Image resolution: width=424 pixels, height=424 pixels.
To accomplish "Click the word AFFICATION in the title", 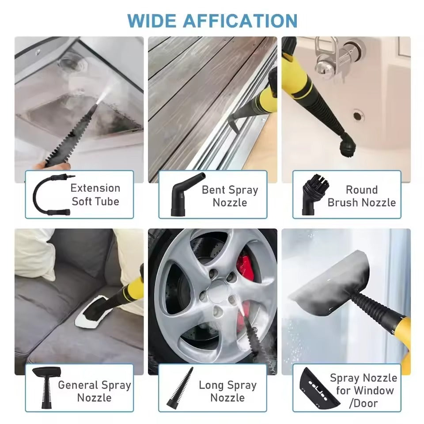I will point(240,21).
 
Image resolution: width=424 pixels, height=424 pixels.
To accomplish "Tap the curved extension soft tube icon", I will point(49,195).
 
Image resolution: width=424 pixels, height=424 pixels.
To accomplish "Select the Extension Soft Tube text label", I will point(95,195).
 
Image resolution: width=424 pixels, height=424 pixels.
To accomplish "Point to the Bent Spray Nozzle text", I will point(230,196).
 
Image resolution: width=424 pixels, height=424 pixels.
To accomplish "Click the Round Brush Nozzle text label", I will point(362,196).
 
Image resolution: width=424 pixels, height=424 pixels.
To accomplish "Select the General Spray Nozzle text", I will point(95,390).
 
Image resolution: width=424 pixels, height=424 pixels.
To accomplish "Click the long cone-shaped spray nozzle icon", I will point(180,387).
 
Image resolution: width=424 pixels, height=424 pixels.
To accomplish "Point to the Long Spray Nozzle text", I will point(227,390).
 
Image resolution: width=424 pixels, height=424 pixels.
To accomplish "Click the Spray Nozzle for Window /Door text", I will point(363,390).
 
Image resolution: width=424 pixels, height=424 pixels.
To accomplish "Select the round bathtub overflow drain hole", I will point(358,116).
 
